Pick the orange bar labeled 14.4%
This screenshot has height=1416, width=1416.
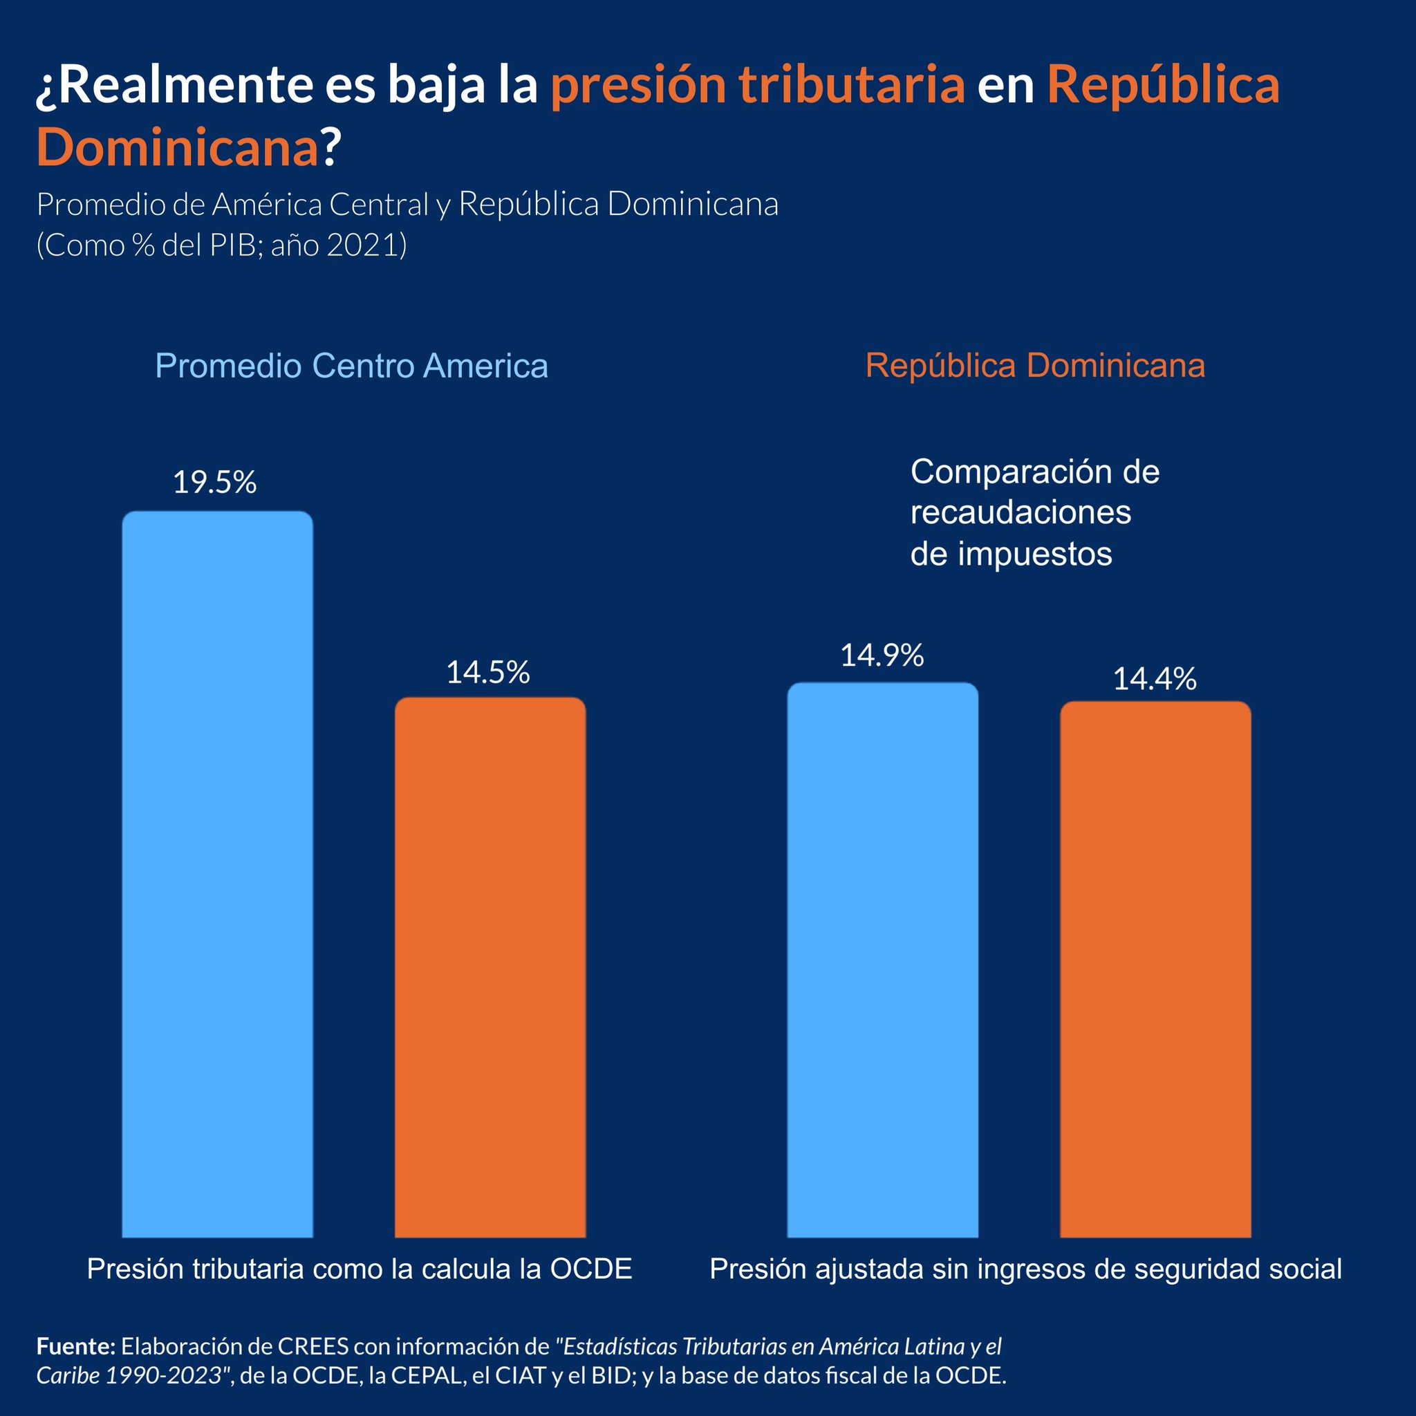pyautogui.click(x=1155, y=967)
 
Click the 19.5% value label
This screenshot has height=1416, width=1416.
pyautogui.click(x=215, y=483)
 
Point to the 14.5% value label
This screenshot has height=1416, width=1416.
pyautogui.click(x=488, y=672)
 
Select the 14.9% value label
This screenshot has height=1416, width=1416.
pyautogui.click(x=882, y=655)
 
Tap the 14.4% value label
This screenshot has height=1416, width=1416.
pyautogui.click(x=1155, y=680)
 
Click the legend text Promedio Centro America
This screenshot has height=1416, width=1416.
pyautogui.click(x=352, y=366)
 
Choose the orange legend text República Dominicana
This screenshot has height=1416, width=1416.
pyautogui.click(x=1035, y=366)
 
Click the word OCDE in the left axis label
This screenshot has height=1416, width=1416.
pyautogui.click(x=590, y=1269)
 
